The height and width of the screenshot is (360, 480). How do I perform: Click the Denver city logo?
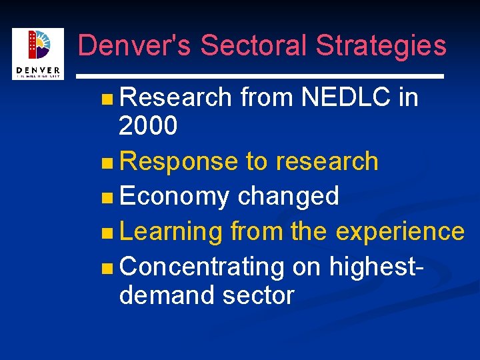(37, 53)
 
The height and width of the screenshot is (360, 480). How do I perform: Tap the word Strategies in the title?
(381, 45)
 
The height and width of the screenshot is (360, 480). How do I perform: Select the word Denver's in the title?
(135, 45)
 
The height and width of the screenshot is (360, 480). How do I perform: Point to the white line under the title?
(260, 77)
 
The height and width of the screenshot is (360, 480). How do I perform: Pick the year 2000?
(148, 125)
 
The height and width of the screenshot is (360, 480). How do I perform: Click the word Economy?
(174, 197)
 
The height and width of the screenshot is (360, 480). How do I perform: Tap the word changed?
(289, 196)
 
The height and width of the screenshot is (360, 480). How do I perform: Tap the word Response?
(179, 161)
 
